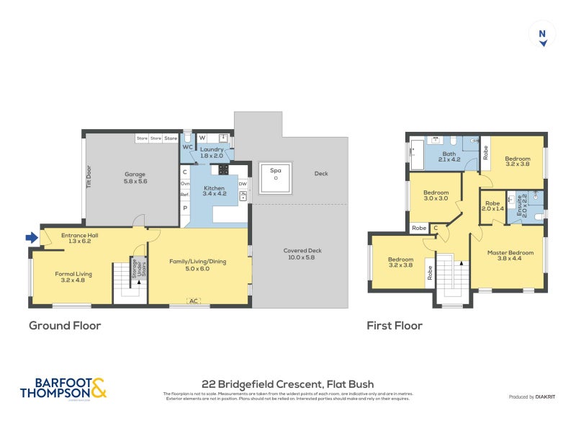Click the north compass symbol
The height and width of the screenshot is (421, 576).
coord(543,36)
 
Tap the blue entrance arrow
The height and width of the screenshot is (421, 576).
coord(32,237)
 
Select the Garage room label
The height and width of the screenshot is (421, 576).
coord(135,178)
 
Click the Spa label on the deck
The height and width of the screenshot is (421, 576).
coord(275,171)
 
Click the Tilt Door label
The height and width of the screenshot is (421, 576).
coord(89,178)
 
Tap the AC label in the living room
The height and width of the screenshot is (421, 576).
coord(193,301)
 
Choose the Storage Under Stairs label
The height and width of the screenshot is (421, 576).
coord(132,270)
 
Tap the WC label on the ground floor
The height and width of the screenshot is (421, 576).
coord(186,147)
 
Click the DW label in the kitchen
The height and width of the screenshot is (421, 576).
coord(243,184)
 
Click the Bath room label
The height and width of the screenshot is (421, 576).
coord(449,156)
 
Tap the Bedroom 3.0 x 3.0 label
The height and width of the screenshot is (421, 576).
coord(436,195)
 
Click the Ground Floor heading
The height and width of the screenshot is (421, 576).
coord(65,326)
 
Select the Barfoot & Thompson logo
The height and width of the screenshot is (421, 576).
coord(63,388)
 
